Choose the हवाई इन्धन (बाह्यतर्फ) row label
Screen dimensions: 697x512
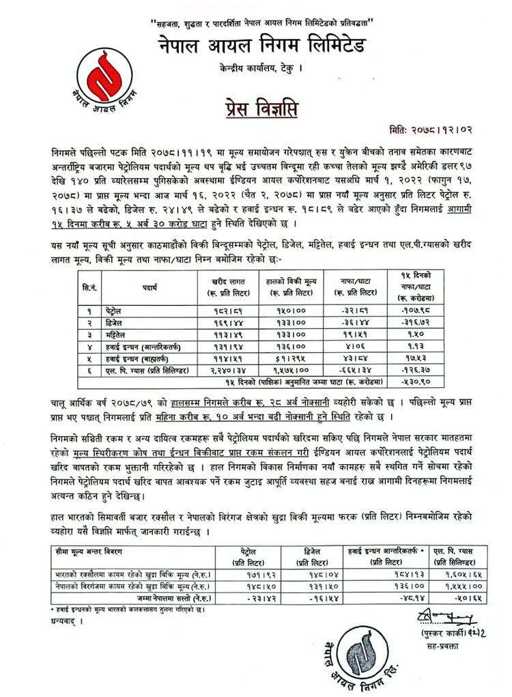coord(142,357)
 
